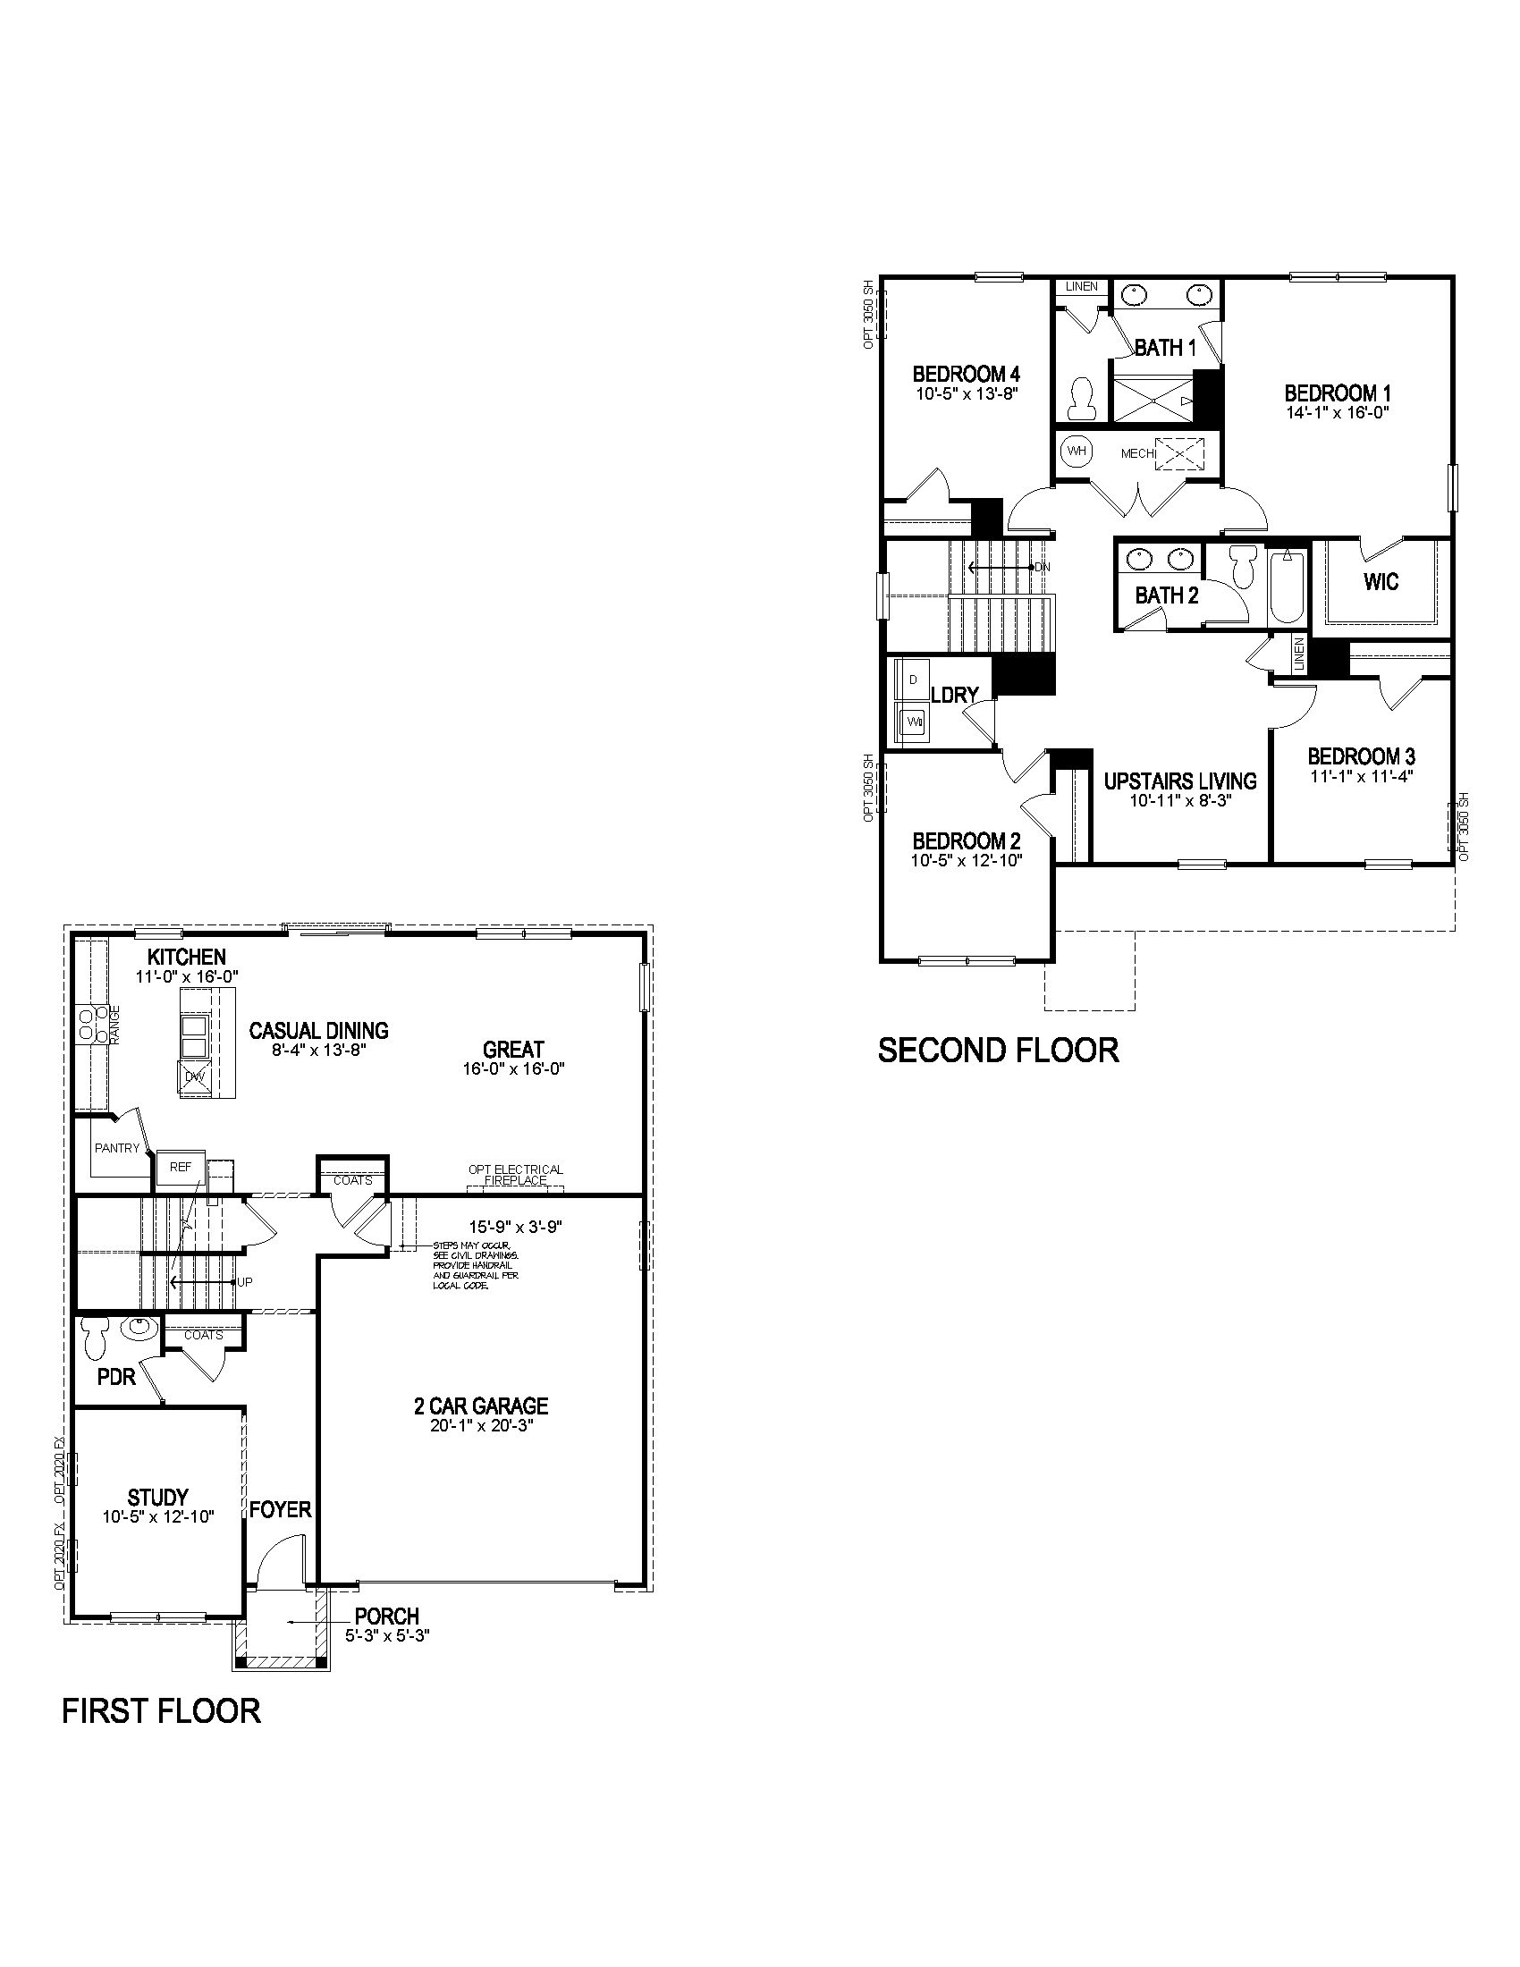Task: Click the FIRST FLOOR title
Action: (161, 1710)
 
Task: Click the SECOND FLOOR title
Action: (998, 1051)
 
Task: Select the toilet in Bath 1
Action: (1080, 398)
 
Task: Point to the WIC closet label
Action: (1381, 582)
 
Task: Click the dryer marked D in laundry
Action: (913, 680)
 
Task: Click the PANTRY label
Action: (117, 1148)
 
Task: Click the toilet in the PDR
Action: (94, 1339)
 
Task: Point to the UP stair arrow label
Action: (244, 1281)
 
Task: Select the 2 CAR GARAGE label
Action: (480, 1406)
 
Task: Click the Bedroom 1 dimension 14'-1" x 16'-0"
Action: (1338, 412)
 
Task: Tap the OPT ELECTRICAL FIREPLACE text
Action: (515, 1175)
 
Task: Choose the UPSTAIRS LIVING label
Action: (1179, 781)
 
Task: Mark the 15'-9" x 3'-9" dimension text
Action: (515, 1228)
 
